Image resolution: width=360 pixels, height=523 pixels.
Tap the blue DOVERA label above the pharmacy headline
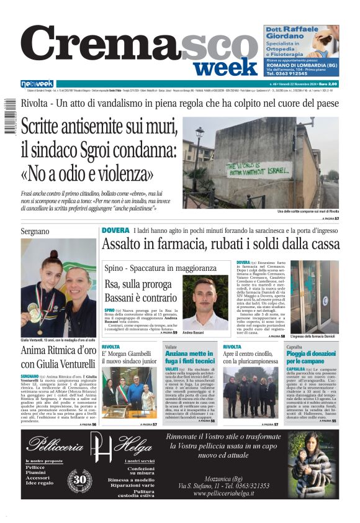(x=115, y=230)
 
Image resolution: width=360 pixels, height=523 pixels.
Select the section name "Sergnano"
(x=35, y=231)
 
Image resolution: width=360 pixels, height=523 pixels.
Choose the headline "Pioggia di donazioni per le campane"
(x=310, y=357)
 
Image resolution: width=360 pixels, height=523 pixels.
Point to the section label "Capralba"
(x=295, y=347)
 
